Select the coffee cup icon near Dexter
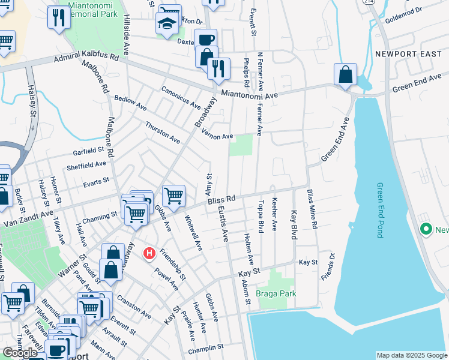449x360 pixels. pyautogui.click(x=206, y=39)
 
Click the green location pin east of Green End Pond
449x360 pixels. pyautogui.click(x=426, y=229)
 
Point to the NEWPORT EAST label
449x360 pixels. pyautogui.click(x=403, y=53)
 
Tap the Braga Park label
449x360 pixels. pyautogui.click(x=276, y=294)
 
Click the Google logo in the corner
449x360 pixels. pyautogui.click(x=20, y=353)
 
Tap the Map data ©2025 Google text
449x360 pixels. pyautogui.click(x=411, y=355)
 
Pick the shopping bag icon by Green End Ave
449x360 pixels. pyautogui.click(x=346, y=75)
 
